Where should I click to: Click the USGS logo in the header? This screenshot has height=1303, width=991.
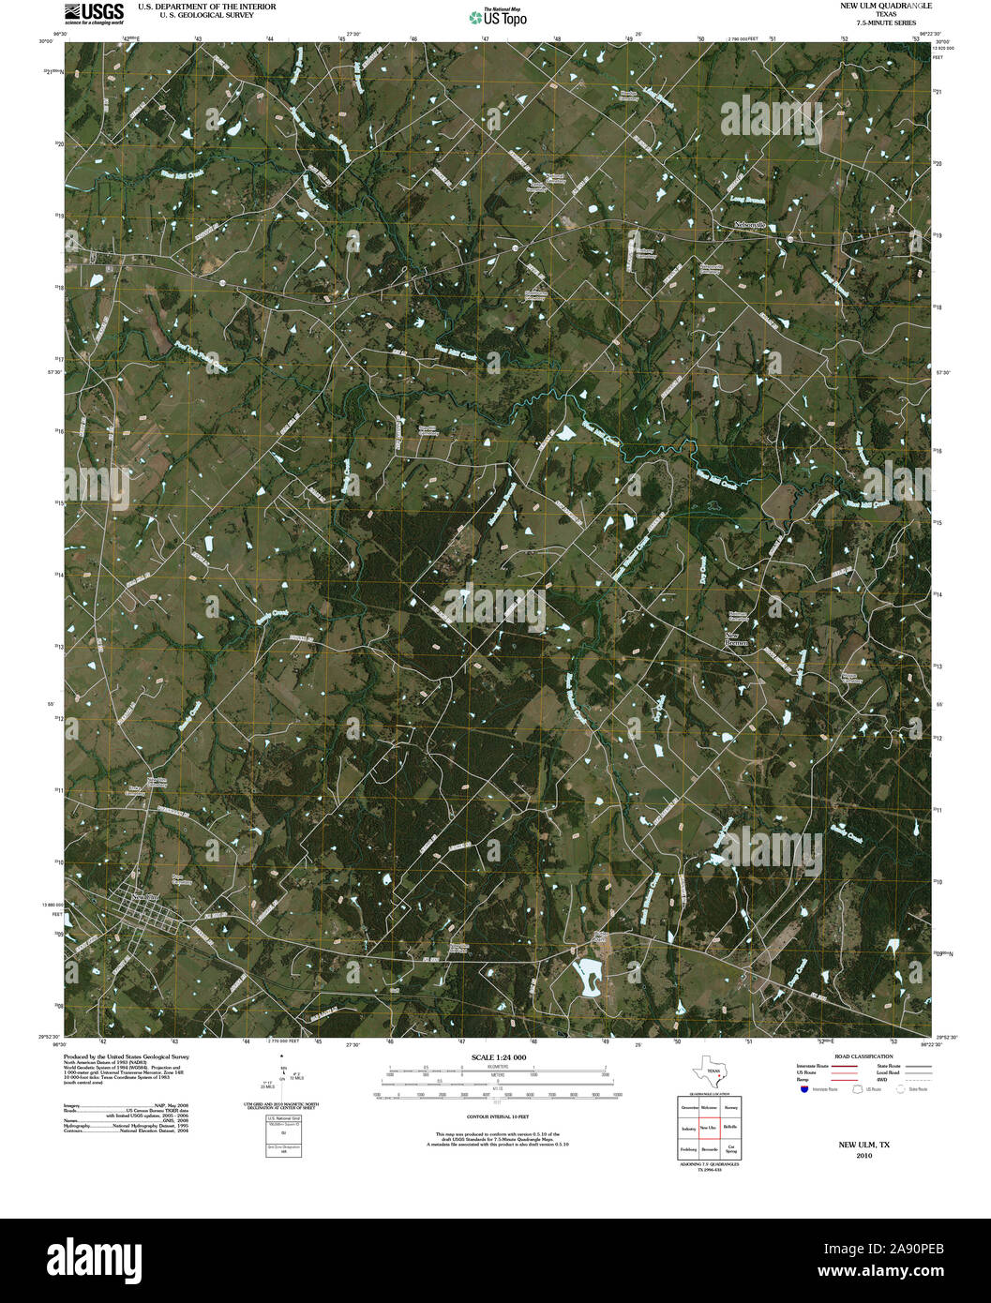point(94,12)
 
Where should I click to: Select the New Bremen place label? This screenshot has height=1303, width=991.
point(739,641)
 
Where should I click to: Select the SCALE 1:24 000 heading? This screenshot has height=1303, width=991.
point(499,1057)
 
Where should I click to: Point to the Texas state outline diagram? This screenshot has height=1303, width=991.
point(708,1071)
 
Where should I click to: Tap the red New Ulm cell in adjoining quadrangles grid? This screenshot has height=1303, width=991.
point(709,1128)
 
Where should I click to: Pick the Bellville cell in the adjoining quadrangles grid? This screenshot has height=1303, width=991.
point(730,1128)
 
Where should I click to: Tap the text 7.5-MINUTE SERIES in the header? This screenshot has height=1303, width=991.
point(880,22)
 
